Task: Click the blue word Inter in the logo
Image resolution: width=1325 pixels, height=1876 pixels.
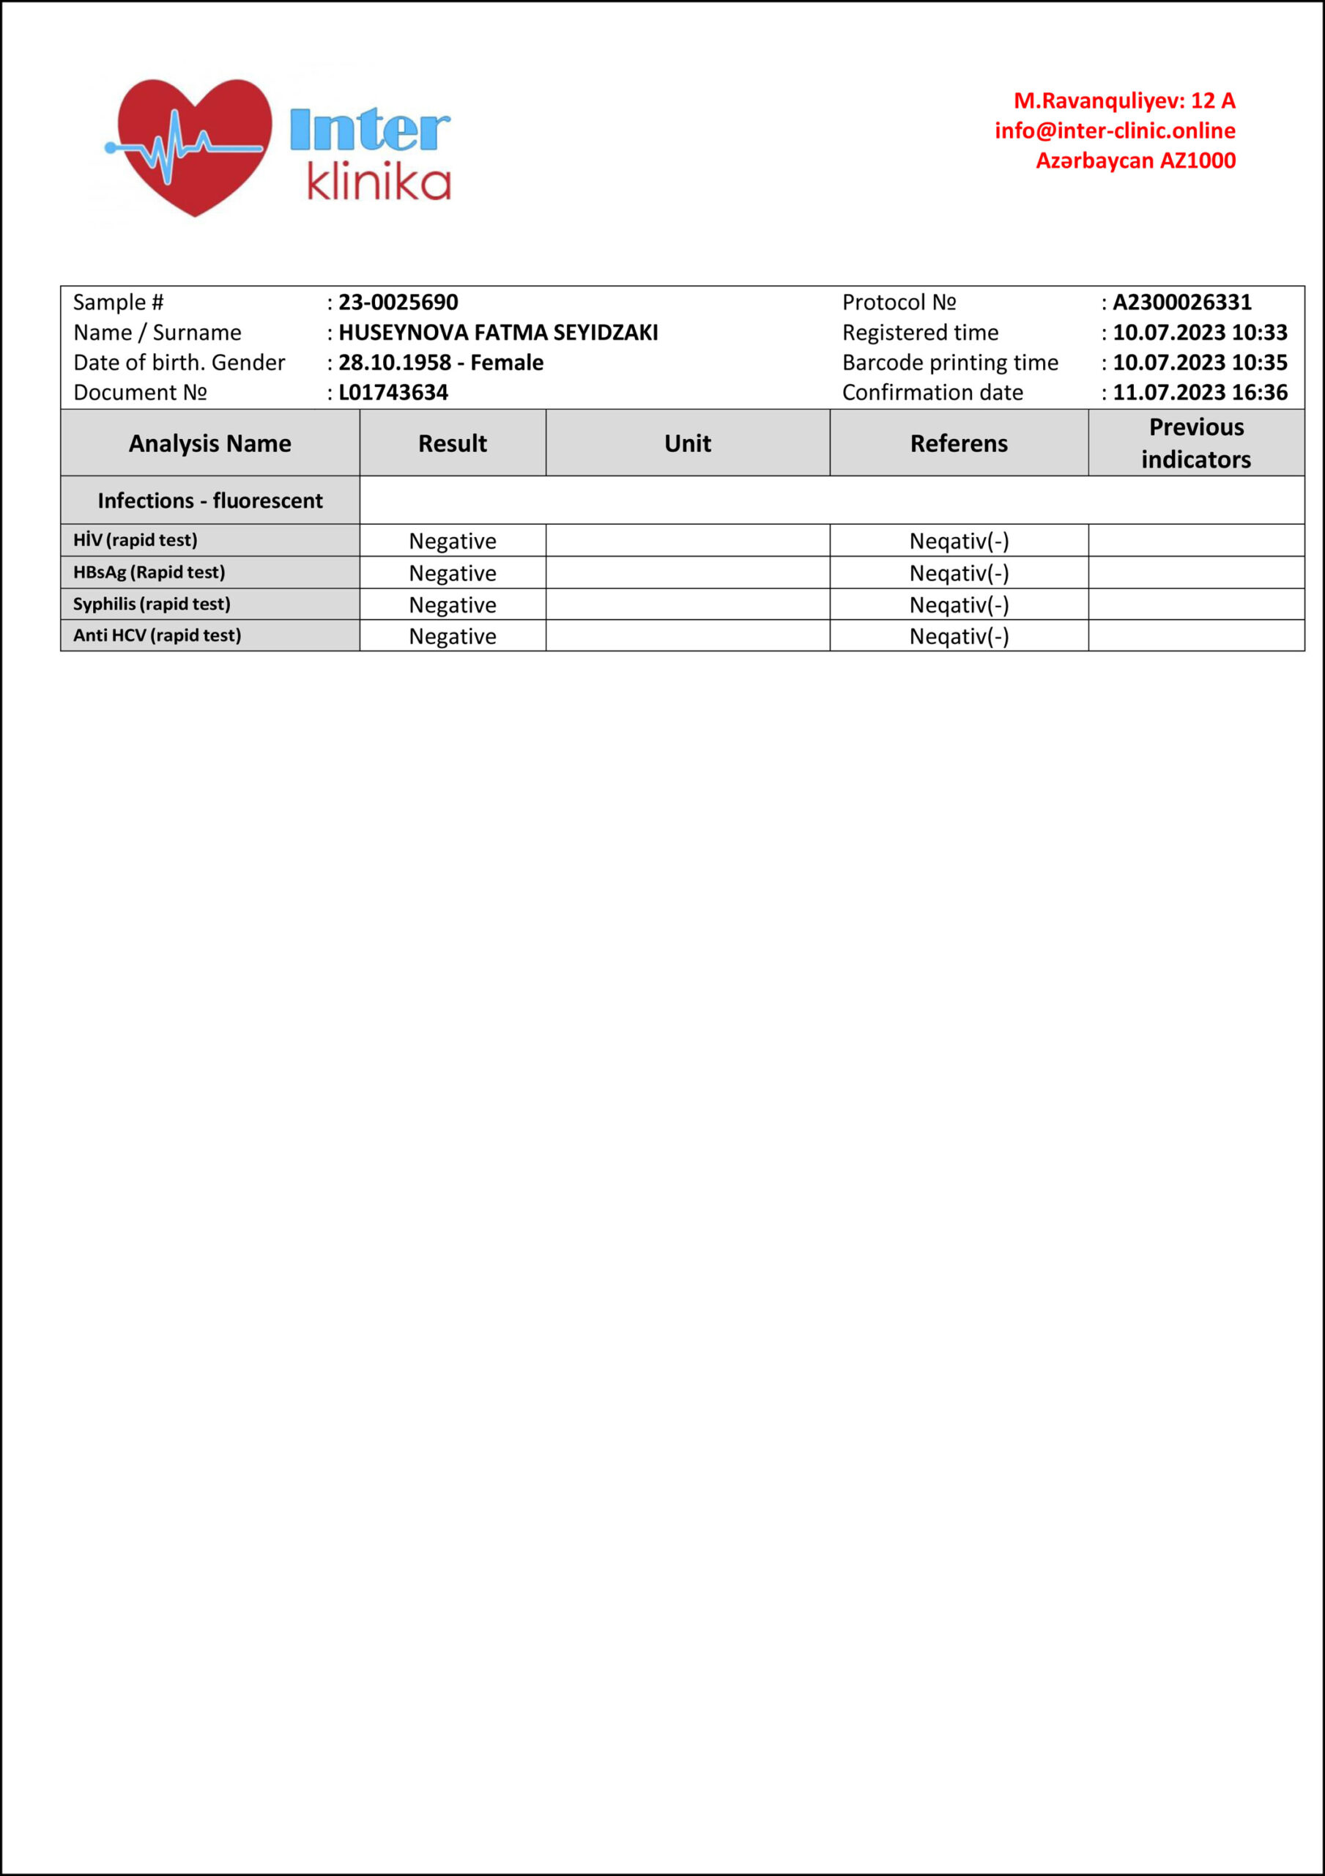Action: pos(369,130)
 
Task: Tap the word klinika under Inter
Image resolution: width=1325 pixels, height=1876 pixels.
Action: pos(378,182)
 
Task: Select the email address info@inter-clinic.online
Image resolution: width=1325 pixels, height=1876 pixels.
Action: pos(1114,130)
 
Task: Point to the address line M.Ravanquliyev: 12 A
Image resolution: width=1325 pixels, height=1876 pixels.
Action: pos(1124,100)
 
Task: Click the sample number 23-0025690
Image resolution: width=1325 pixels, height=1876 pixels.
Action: pos(398,303)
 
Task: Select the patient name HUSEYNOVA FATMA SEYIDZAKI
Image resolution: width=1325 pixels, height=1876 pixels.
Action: pos(497,333)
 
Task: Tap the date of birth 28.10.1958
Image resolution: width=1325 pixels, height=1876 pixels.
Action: pos(395,363)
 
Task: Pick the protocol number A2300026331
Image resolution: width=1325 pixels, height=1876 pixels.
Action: pos(1181,303)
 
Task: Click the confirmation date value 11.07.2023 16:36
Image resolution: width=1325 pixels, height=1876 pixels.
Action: pos(1199,393)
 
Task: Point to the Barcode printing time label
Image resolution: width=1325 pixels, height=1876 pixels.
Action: pos(949,363)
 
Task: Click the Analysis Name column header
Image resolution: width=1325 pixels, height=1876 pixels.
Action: pos(210,443)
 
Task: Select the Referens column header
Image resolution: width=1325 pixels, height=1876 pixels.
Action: pos(958,443)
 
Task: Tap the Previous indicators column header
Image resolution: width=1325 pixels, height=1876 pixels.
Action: pos(1196,443)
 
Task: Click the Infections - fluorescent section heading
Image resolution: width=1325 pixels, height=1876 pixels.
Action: pos(210,501)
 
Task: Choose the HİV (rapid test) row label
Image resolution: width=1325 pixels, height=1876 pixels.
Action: pos(136,540)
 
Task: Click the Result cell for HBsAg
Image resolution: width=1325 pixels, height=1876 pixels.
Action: pos(453,574)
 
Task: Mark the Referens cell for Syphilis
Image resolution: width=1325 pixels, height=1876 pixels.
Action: pos(958,605)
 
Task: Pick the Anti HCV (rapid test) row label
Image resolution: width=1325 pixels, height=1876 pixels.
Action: pos(157,635)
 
